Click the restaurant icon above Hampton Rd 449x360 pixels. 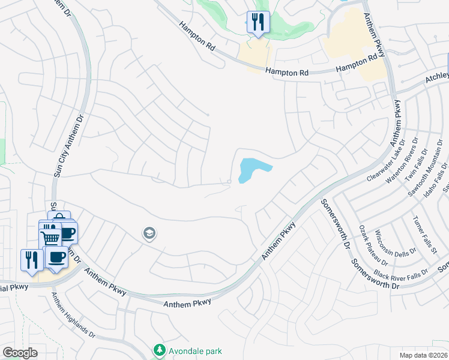[x=258, y=23]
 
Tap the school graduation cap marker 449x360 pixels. [x=149, y=233]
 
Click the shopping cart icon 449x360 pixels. [x=51, y=238]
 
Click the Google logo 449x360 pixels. [x=20, y=352]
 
